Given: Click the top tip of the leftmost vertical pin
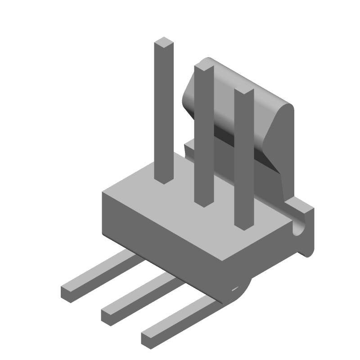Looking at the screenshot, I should [163, 43].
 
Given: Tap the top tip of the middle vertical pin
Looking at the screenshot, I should [203, 67].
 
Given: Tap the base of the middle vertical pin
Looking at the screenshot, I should [203, 202].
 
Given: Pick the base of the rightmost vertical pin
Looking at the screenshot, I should [243, 227].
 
